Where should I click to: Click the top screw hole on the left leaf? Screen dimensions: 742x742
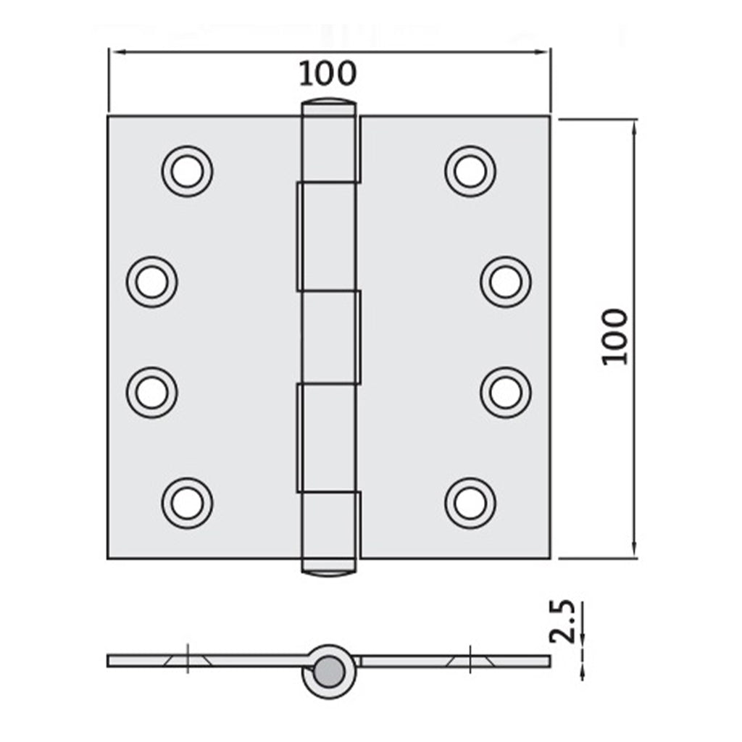188,172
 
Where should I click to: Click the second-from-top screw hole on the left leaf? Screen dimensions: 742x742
151,282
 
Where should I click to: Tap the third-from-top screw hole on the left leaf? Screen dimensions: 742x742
151,393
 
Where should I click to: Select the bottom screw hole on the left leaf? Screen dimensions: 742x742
188,503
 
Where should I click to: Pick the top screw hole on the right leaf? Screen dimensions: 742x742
470,172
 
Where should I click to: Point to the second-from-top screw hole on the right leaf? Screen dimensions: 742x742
506,282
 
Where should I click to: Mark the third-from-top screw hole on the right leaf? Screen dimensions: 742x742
506,393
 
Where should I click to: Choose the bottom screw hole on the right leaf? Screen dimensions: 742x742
470,503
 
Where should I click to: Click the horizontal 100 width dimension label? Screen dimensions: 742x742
328,73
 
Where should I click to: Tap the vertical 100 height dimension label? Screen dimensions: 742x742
615,336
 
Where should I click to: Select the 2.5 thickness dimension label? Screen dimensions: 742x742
562,622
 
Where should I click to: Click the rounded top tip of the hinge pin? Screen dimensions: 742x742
328,103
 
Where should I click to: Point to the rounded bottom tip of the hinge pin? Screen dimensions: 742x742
328,570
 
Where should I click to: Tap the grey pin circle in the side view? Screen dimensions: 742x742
330,670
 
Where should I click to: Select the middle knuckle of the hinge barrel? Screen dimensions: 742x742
330,337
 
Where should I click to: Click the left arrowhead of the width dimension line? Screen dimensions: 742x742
114,51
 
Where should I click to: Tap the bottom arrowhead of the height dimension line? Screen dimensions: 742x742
635,551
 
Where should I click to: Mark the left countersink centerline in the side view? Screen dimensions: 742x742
187,659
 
